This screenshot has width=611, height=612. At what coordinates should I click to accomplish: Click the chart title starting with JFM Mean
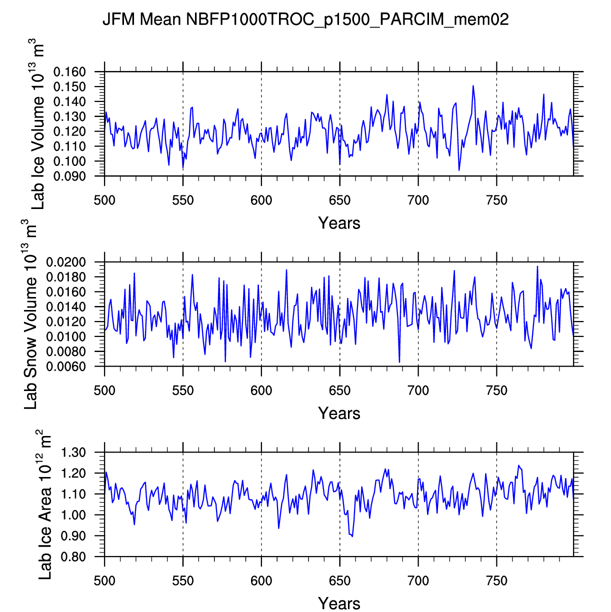coord(305,19)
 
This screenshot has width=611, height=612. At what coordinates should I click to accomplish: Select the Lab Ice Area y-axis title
coord(45,504)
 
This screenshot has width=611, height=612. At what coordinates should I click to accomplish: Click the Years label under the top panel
coord(339,223)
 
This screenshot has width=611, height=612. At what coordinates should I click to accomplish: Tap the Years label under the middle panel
coord(339,413)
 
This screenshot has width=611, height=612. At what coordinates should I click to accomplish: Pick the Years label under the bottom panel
coord(339,603)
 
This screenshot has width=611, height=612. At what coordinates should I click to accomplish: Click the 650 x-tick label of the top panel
coord(339,201)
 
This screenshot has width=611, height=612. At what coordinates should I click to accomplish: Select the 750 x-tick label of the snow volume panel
coord(496,391)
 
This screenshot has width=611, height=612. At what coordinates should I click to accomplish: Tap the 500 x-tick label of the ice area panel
coord(104,581)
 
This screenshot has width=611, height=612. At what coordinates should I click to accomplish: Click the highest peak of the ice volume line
coord(473,86)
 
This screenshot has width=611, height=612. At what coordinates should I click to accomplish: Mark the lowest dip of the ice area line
coord(352,536)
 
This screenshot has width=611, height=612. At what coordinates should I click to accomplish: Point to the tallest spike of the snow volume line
coord(537,266)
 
